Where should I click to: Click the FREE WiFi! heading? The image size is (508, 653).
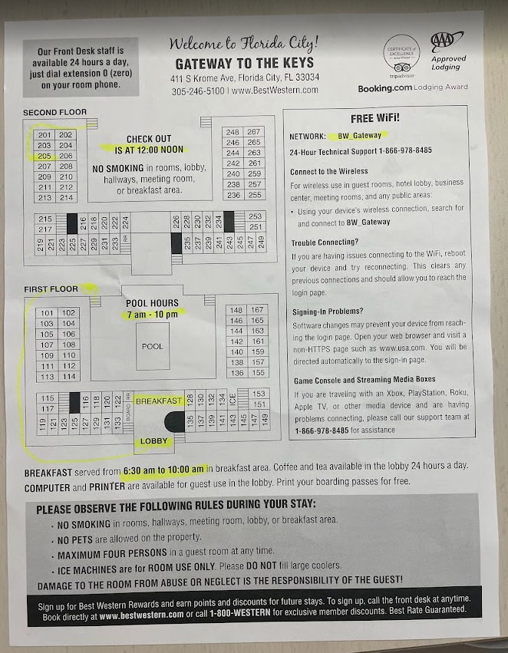374,119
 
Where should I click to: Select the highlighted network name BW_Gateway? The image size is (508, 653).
359,136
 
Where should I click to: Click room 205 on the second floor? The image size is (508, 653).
44,155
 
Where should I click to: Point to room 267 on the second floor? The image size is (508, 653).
255,132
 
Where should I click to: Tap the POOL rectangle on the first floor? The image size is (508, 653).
152,347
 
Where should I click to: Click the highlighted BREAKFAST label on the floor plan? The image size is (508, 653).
159,401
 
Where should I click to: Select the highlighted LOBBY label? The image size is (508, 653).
154,441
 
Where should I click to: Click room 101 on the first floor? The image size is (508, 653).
48,313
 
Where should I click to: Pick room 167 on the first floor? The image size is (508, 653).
258,310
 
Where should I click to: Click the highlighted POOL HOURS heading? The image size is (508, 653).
153,304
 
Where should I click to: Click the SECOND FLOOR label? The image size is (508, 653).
50,114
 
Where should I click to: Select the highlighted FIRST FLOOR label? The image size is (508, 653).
51,289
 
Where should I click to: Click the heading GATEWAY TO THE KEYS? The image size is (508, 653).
244,64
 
